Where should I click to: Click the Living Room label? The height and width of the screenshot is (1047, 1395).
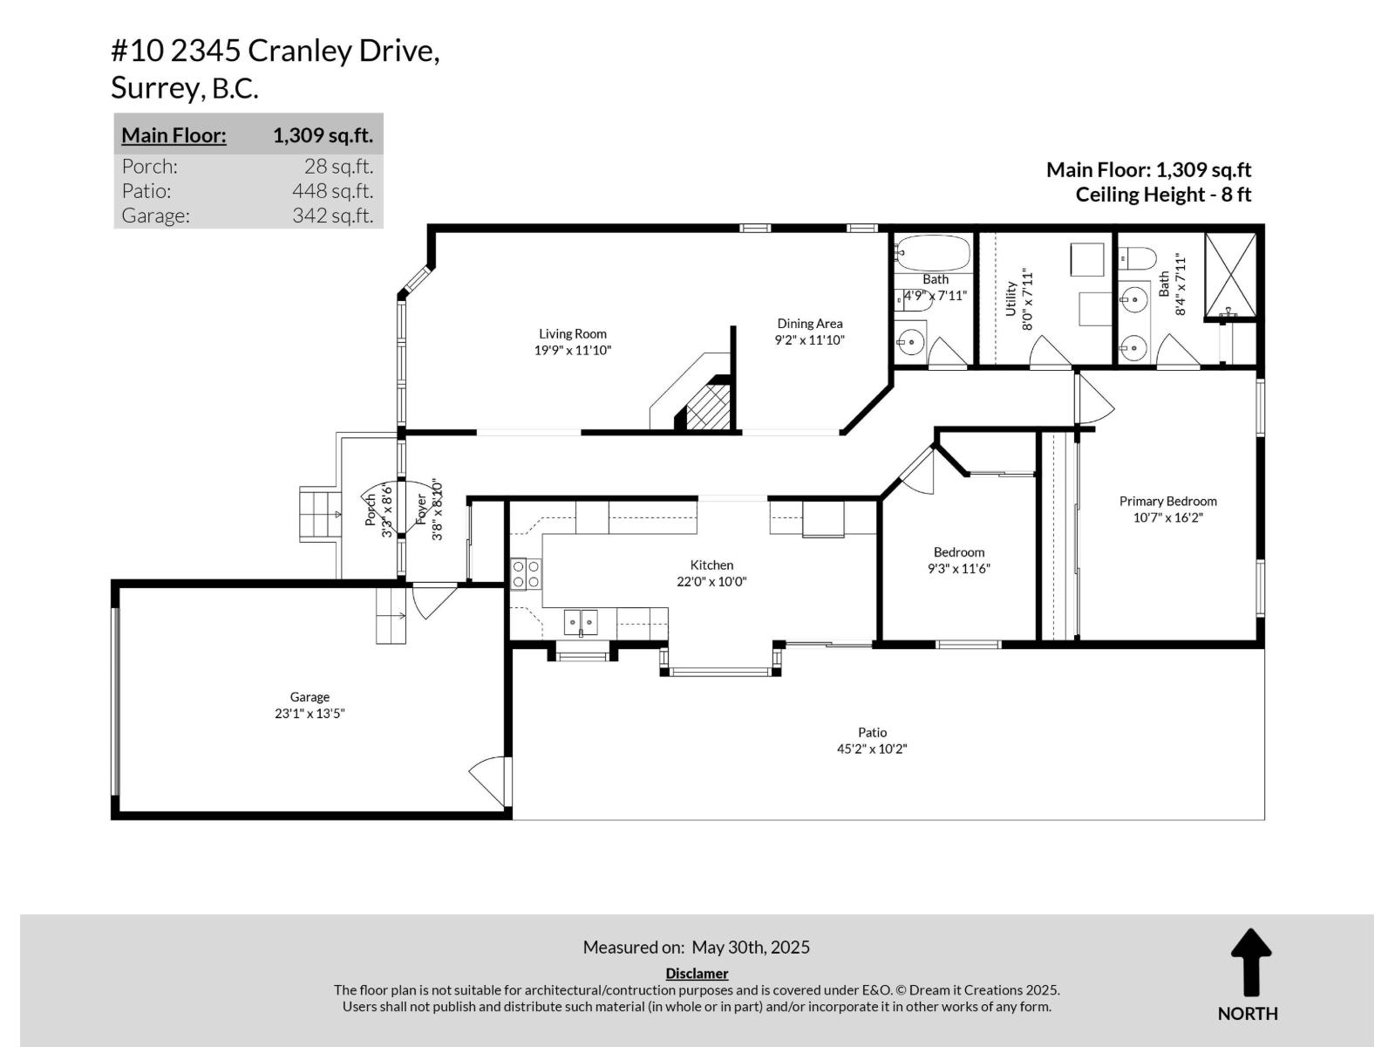[x=572, y=333]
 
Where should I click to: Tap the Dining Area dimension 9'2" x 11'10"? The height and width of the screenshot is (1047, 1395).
[x=809, y=340]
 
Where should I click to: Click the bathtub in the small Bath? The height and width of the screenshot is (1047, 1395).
[x=933, y=254]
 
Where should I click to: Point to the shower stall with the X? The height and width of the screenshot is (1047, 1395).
[x=1230, y=274]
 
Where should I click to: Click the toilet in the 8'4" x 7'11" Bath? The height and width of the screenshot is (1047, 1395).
[x=1138, y=257]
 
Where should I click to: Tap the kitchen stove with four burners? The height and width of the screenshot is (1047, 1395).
[x=525, y=573]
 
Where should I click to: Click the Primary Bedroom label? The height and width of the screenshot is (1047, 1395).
[x=1167, y=501]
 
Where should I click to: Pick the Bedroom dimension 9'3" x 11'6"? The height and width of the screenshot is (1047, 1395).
[x=959, y=569]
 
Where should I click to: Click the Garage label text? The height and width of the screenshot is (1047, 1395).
[x=310, y=697]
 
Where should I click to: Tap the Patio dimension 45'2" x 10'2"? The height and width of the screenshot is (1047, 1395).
[x=872, y=749]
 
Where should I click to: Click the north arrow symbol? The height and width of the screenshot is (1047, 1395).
[x=1250, y=962]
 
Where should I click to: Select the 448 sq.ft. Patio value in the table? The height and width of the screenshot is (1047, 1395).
[x=332, y=191]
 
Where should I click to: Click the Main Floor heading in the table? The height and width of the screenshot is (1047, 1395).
[x=174, y=135]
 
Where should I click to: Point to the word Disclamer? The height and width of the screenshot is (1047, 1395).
[x=697, y=973]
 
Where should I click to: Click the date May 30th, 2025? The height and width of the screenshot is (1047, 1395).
[x=751, y=947]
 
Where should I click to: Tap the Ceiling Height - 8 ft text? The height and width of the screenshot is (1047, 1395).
[x=1162, y=195]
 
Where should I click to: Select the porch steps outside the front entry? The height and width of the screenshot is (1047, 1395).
[x=319, y=514]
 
